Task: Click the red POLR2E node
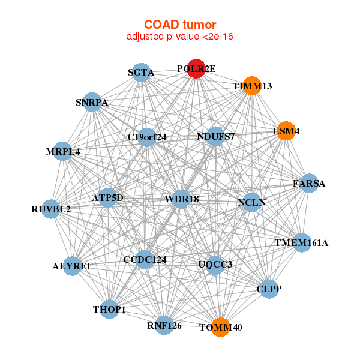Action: [197, 69]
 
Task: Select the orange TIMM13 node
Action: [253, 86]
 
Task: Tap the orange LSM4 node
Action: [286, 131]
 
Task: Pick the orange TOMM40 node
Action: [221, 327]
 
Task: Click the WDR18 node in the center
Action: [182, 199]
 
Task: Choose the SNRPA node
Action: [92, 102]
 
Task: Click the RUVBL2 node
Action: [52, 209]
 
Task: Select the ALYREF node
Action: [72, 266]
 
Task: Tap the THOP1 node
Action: [110, 309]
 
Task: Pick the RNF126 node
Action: [164, 325]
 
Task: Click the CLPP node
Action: [269, 289]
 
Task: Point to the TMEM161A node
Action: [302, 243]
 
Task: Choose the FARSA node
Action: [309, 183]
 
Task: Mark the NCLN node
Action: [252, 202]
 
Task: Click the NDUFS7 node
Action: [216, 136]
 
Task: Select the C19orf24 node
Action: [147, 137]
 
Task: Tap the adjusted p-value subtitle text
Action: [180, 37]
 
